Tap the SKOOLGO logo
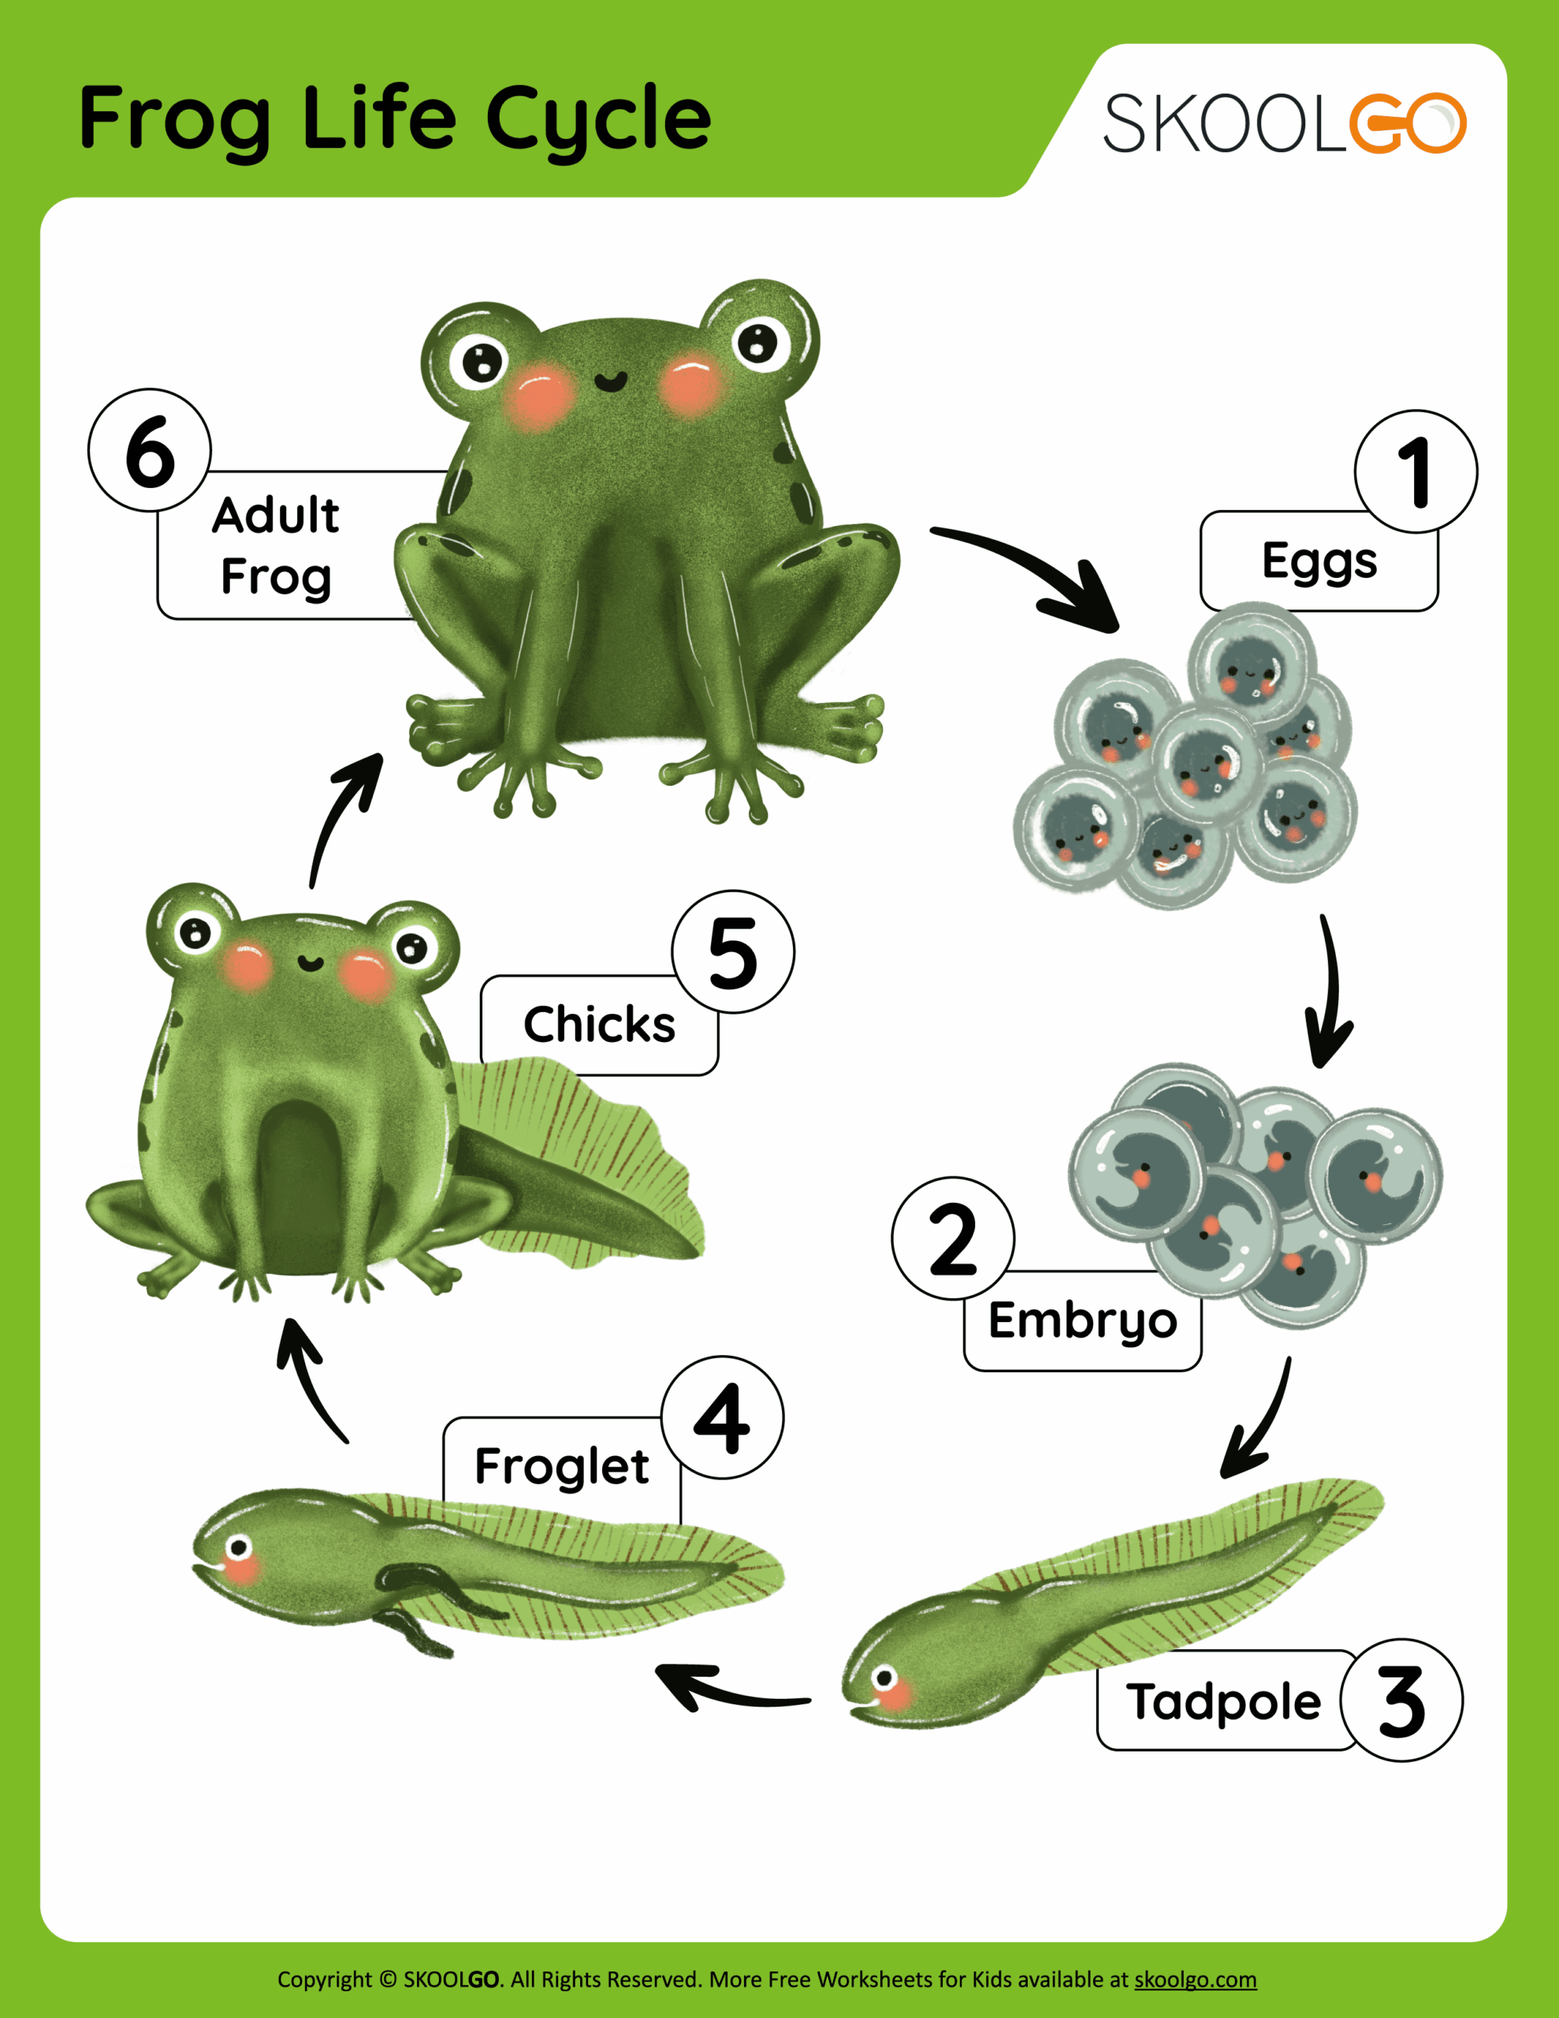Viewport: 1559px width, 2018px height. [x=1285, y=123]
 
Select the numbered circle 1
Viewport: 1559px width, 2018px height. [x=1415, y=471]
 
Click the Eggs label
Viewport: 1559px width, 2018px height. [x=1318, y=561]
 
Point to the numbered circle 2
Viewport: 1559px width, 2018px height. [x=953, y=1238]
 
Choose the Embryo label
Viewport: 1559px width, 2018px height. [x=1082, y=1320]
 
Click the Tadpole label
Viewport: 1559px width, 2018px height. [x=1223, y=1701]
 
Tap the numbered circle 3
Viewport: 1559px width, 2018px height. [x=1401, y=1700]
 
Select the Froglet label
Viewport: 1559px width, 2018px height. [x=561, y=1465]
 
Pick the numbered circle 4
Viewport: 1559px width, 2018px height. [x=722, y=1418]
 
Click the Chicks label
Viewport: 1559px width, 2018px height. [x=599, y=1024]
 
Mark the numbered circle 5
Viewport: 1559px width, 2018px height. [x=733, y=951]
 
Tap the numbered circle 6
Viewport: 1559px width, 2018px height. [x=150, y=450]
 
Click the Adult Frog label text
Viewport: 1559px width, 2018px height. [x=275, y=545]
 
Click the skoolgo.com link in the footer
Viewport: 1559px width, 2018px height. [x=1195, y=1979]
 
